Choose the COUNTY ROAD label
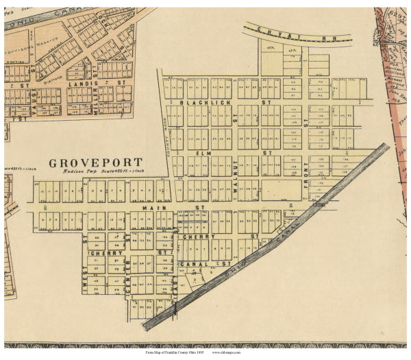tap(164, 137)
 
